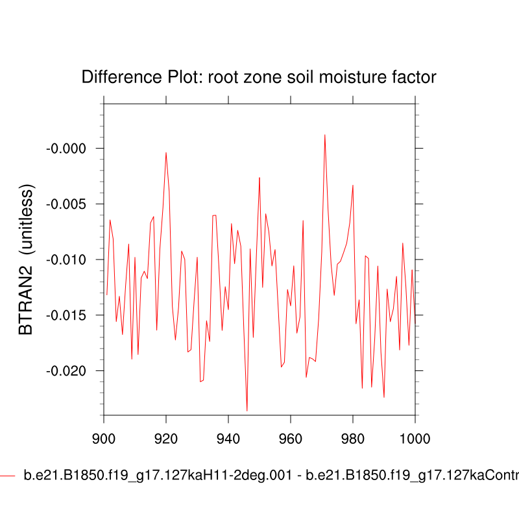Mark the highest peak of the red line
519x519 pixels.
coord(324,135)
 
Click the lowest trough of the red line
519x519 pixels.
coord(247,411)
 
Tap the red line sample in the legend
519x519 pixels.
coord(7,476)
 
